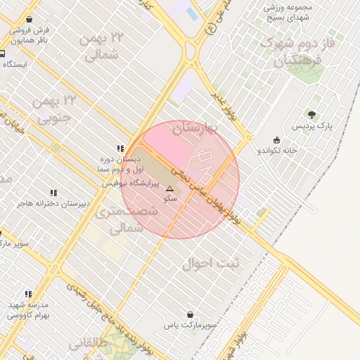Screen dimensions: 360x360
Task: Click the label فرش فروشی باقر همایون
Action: [x=29, y=36]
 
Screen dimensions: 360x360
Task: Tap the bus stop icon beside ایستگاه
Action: [x=3, y=53]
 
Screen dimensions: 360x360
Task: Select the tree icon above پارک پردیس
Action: [x=311, y=115]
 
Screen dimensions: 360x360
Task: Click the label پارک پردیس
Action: [x=314, y=126]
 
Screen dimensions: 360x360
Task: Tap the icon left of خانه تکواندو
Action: [x=276, y=139]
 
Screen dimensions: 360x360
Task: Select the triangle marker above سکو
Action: [x=169, y=188]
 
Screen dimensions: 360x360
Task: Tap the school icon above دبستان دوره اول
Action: [x=121, y=148]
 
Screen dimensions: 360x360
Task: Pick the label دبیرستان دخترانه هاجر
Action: [x=54, y=204]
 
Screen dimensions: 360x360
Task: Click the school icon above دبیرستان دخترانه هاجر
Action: [x=53, y=193]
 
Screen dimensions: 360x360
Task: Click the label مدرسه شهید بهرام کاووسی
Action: [x=28, y=310]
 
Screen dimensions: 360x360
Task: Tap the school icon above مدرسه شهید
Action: [x=28, y=294]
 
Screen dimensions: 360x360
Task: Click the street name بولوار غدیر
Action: [x=229, y=111]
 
